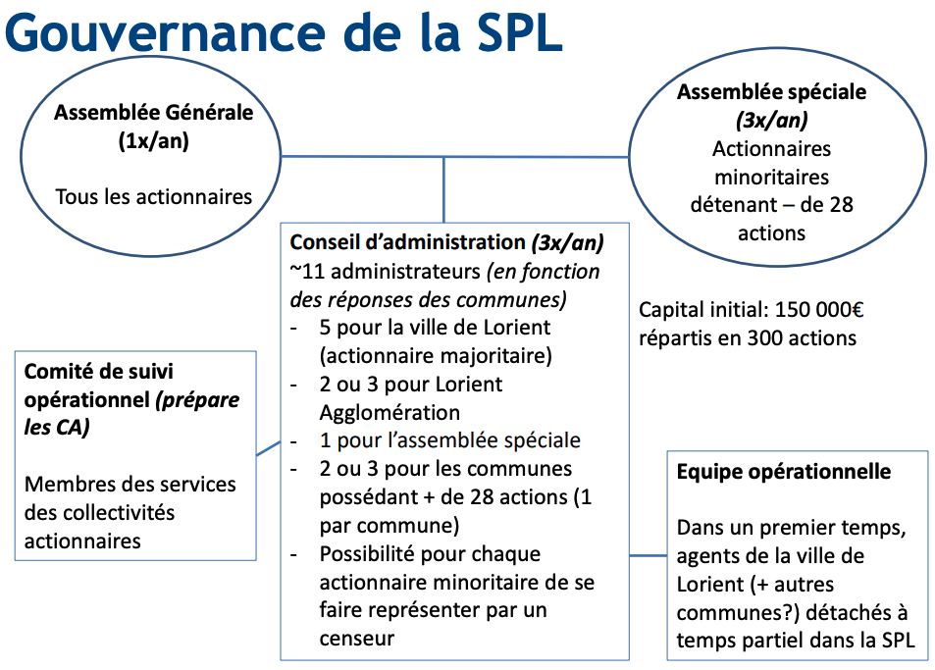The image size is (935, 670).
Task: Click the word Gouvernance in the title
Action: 167,32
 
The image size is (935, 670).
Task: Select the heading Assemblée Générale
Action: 153,112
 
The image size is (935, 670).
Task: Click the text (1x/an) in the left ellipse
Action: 153,140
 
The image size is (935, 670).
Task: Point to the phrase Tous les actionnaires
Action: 153,197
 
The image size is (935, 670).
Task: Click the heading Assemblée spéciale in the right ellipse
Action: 771,92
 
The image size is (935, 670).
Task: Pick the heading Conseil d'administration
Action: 407,242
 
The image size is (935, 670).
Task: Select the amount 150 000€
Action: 819,310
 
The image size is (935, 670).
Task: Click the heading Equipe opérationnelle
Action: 784,472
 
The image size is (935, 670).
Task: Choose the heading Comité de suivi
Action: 98,372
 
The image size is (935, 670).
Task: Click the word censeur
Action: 356,639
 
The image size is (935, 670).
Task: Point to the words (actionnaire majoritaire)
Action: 436,356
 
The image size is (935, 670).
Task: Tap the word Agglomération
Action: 390,412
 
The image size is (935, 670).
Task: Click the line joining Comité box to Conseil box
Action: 269,448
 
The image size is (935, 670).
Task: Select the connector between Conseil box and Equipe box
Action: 649,555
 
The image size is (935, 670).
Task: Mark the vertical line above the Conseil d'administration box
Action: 443,190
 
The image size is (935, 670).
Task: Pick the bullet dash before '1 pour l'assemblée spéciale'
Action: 293,441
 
